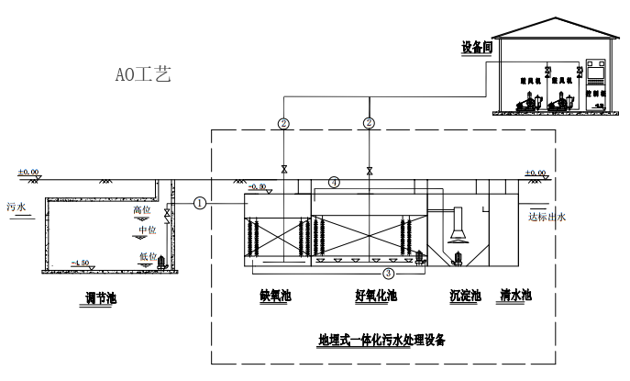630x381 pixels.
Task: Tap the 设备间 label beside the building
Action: [x=477, y=46]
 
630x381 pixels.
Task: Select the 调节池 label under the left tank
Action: [x=101, y=297]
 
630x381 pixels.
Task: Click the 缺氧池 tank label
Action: [x=275, y=296]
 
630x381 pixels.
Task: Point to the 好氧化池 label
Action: [x=376, y=296]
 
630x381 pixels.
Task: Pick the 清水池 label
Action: [x=516, y=296]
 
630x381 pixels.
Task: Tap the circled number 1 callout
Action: [x=200, y=203]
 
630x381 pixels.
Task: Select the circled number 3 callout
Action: [x=389, y=273]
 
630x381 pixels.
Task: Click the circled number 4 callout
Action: [x=335, y=183]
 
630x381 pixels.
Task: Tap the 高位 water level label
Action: [x=140, y=211]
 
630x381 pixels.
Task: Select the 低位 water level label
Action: [x=147, y=256]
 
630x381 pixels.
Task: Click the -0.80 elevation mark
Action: [x=258, y=186]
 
